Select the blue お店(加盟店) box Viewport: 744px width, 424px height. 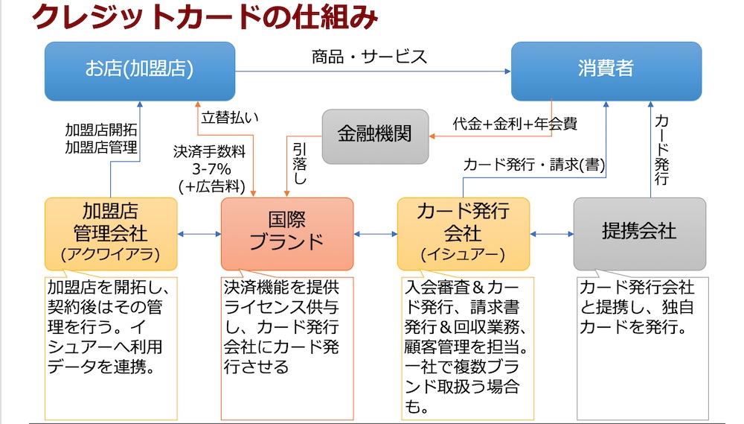(x=140, y=72)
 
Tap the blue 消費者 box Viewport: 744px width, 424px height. (x=606, y=72)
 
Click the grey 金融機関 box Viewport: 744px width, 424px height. (x=375, y=136)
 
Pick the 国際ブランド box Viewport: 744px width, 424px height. (x=287, y=234)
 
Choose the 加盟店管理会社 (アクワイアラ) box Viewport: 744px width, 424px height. (x=111, y=234)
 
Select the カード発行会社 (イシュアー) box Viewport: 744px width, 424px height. (x=463, y=234)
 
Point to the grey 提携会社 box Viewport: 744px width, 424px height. (x=640, y=234)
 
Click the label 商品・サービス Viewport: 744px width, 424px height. (x=369, y=57)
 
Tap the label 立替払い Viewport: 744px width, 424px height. (x=230, y=118)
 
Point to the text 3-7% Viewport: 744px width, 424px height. (x=211, y=168)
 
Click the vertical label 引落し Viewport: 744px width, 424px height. (x=300, y=164)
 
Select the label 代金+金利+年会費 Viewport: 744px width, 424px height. (x=515, y=124)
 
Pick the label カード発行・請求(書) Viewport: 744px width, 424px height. (x=534, y=165)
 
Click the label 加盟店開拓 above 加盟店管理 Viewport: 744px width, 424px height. (x=101, y=130)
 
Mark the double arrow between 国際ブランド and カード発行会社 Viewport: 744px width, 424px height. (x=375, y=234)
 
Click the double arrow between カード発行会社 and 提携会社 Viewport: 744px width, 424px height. (x=552, y=234)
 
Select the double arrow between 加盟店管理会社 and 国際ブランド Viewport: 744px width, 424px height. (x=199, y=234)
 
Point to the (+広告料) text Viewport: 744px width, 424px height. (x=211, y=186)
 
